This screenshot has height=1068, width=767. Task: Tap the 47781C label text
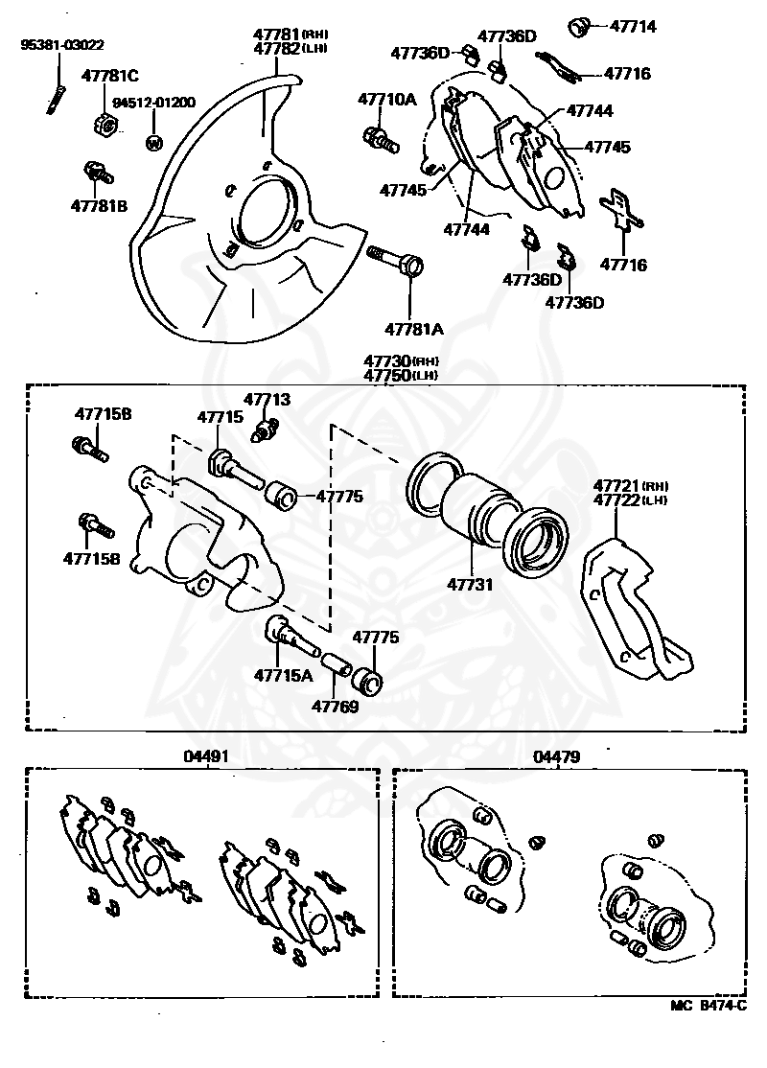pos(110,76)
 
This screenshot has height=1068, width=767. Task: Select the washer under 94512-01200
pos(152,143)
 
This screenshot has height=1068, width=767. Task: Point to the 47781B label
pos(99,205)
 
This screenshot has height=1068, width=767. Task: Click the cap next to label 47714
pos(578,26)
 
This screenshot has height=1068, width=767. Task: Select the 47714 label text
pos(631,27)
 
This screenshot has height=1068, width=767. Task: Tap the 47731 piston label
pos(468,582)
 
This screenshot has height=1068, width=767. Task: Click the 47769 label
pos(335,708)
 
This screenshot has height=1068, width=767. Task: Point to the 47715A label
pos(284,675)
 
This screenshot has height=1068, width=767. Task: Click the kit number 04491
pos(206,756)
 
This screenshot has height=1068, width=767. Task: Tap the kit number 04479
pos(556,756)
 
